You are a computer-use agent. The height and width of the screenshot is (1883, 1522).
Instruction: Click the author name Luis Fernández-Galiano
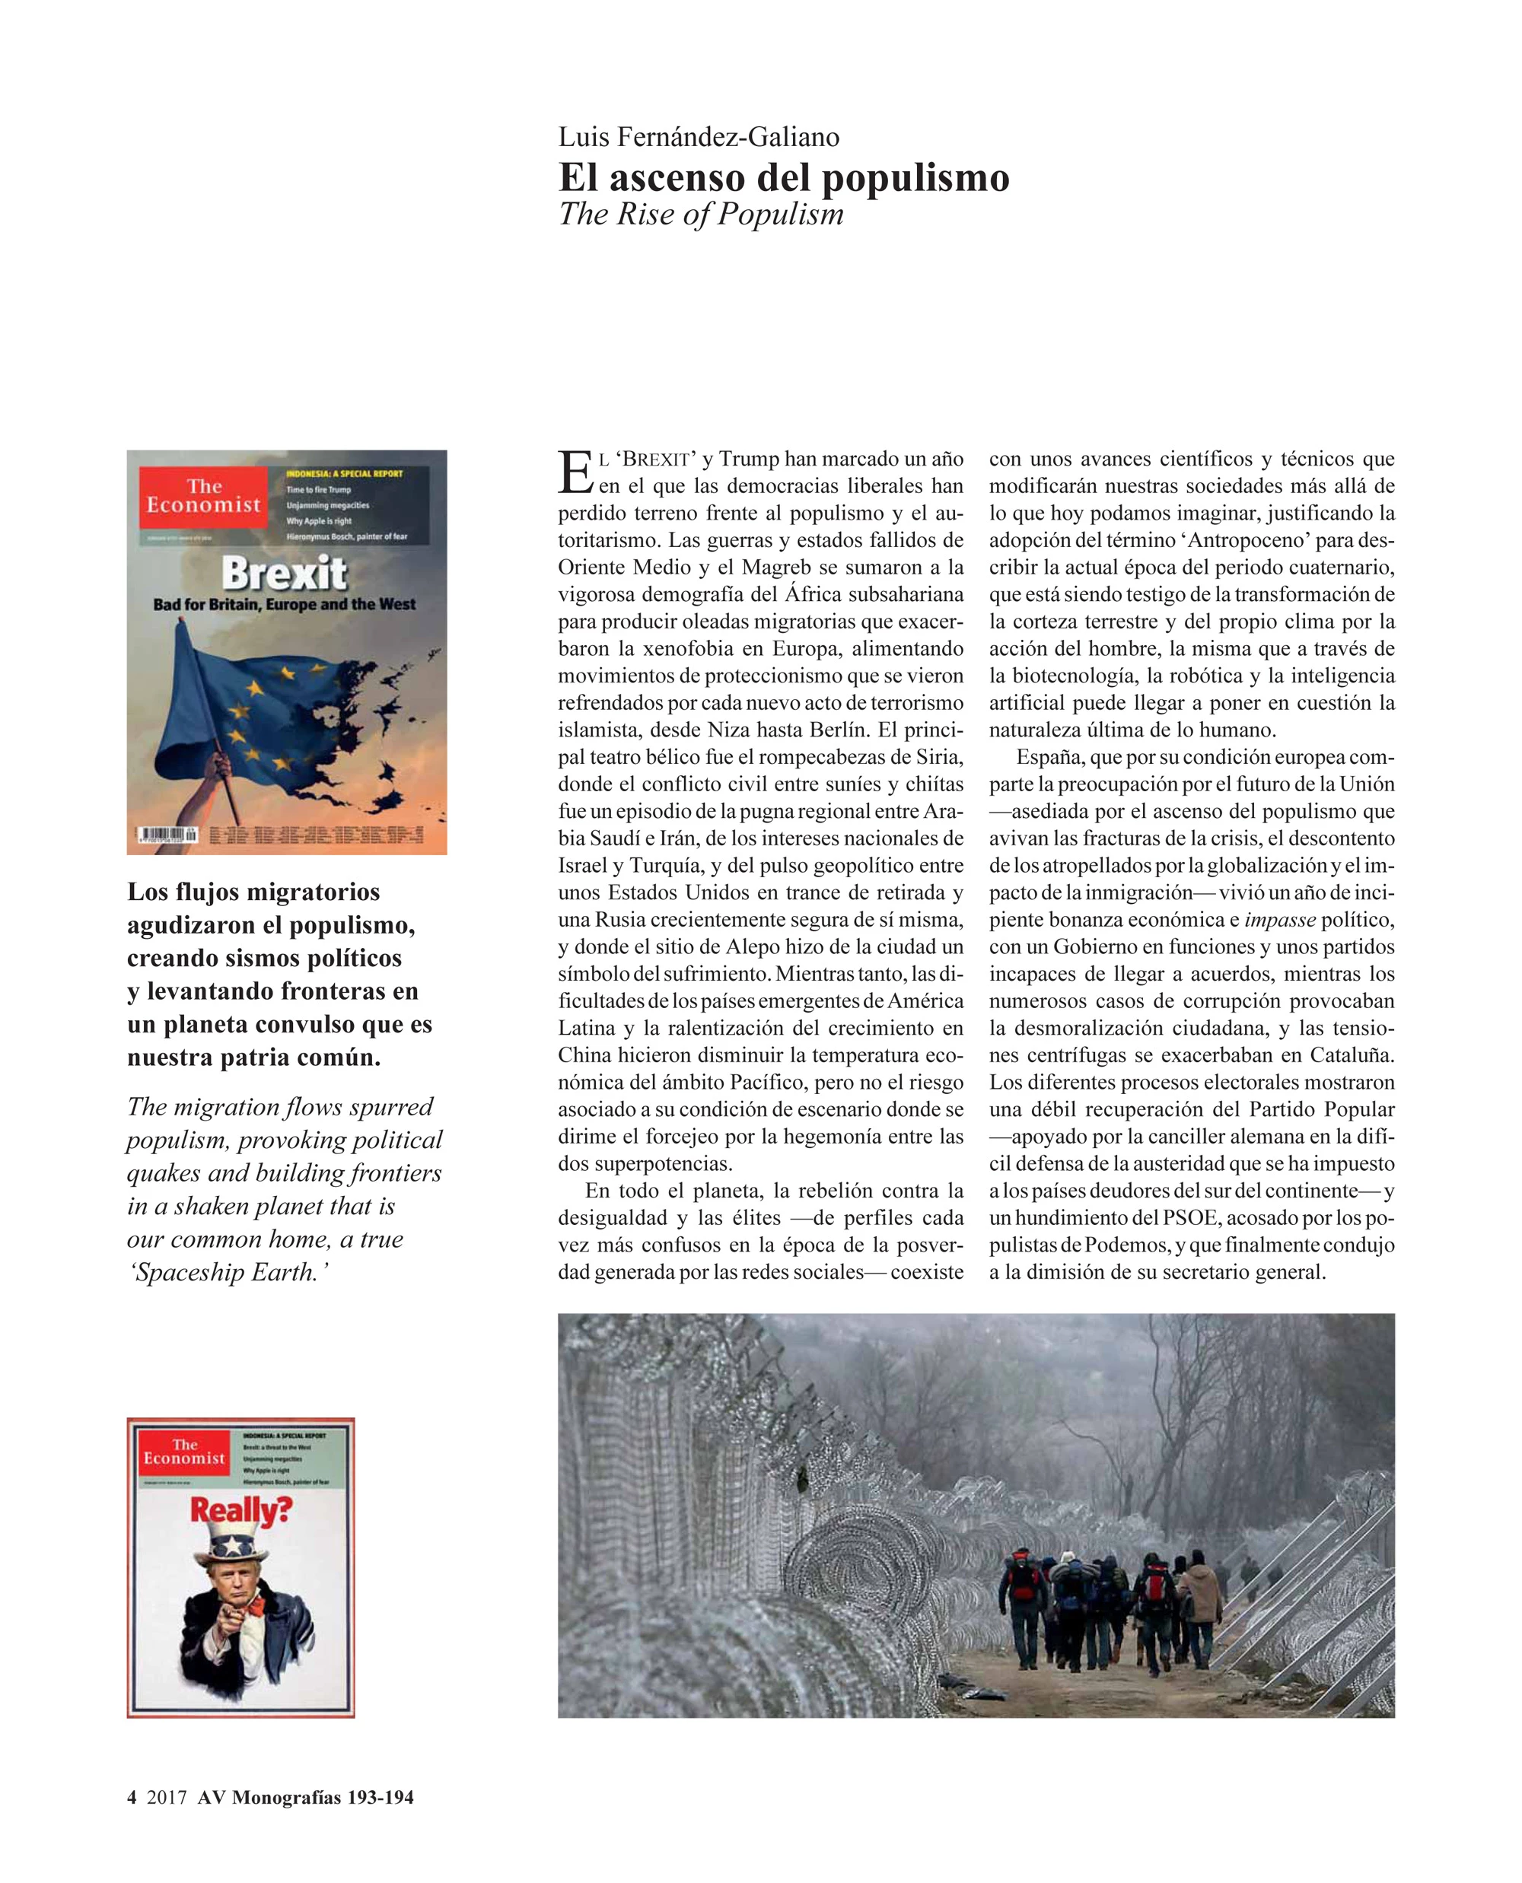coord(699,137)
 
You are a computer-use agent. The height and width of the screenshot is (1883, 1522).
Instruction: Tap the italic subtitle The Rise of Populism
coord(701,214)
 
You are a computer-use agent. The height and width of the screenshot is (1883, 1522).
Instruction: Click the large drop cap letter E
coord(575,472)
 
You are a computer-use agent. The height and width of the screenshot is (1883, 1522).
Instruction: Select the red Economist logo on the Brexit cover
coord(203,497)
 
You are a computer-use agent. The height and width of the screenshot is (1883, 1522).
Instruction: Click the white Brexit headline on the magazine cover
coord(284,574)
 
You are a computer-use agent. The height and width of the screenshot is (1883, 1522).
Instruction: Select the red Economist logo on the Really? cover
coord(184,1451)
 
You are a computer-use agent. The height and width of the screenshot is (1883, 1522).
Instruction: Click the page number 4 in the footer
coord(132,1797)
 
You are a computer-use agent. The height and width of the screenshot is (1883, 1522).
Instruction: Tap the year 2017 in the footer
coord(167,1797)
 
